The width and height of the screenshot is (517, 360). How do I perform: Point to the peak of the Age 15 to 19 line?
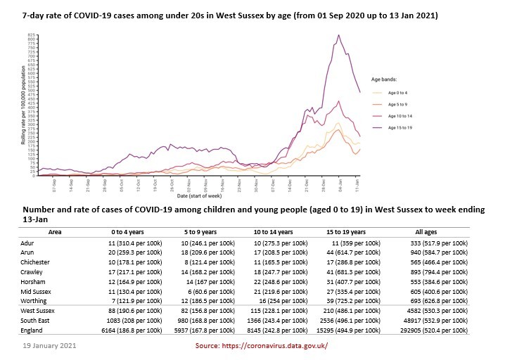339,35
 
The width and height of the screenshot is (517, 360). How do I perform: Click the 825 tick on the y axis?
32,34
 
